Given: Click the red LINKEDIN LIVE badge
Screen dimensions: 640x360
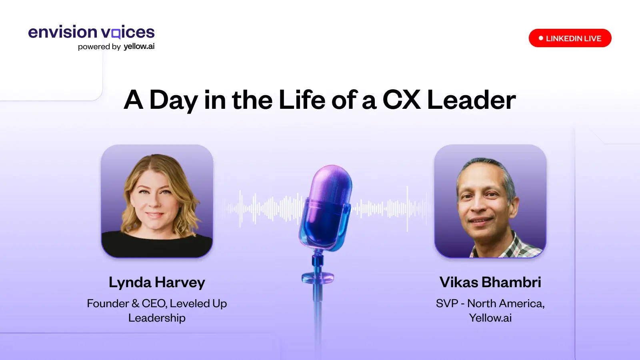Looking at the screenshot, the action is pyautogui.click(x=570, y=38).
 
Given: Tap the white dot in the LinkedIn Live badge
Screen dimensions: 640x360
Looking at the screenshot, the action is pyautogui.click(x=541, y=38).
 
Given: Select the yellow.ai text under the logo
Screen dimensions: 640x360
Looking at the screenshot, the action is pyautogui.click(x=139, y=46).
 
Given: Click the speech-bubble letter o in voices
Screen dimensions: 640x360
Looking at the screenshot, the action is pyautogui.click(x=116, y=33).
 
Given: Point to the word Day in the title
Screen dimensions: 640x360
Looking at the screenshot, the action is pyautogui.click(x=174, y=100).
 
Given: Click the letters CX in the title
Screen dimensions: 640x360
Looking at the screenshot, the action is pyautogui.click(x=402, y=100).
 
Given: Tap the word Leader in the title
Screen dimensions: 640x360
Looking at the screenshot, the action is pyautogui.click(x=472, y=100).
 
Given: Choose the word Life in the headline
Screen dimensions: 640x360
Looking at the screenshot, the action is pyautogui.click(x=302, y=100).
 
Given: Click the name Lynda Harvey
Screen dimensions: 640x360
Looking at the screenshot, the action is pyautogui.click(x=157, y=282).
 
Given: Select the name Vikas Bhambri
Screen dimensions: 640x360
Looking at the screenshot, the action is pyautogui.click(x=490, y=282).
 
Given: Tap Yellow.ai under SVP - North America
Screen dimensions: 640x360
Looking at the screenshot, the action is pyautogui.click(x=490, y=318).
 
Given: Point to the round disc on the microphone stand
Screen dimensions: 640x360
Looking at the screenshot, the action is pyautogui.click(x=318, y=278).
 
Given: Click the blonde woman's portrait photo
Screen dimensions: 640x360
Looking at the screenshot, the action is pyautogui.click(x=157, y=201).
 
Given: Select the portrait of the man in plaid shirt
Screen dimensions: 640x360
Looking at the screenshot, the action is pyautogui.click(x=490, y=201).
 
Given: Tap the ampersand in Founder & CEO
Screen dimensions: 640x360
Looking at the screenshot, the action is pyautogui.click(x=136, y=304).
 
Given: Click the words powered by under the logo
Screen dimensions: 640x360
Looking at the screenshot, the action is pyautogui.click(x=99, y=47).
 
